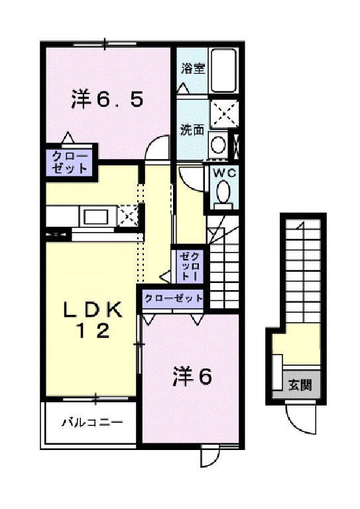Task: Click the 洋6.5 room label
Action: point(106,100)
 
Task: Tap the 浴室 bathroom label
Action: point(192,68)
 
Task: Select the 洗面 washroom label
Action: point(192,129)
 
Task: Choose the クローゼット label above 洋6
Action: point(173,299)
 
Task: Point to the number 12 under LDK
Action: point(93,333)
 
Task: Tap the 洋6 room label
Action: point(192,377)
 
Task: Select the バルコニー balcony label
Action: point(91,422)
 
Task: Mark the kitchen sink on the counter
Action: point(95,216)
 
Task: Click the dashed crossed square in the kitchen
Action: point(128,215)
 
